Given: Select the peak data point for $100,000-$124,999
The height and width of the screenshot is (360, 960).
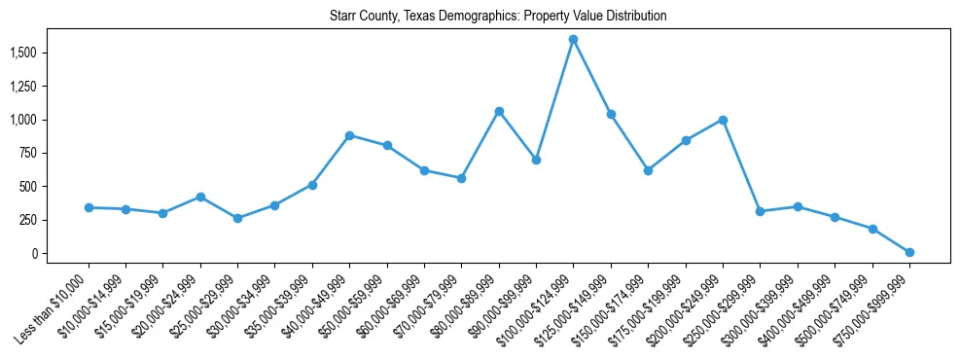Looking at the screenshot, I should click(x=573, y=39).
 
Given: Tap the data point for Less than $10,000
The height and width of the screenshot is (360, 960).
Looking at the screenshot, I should click(x=89, y=207).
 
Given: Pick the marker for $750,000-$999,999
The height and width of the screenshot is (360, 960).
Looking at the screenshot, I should click(x=909, y=252).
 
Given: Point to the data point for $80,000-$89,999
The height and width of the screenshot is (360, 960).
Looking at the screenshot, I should click(x=499, y=111).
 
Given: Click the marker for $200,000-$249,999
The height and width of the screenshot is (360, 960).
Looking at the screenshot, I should click(x=723, y=120).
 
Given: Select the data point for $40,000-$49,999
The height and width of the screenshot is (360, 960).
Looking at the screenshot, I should click(x=349, y=135).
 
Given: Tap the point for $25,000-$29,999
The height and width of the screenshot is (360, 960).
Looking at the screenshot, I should click(x=237, y=218).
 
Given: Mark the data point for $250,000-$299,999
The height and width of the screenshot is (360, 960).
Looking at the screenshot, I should click(x=760, y=211).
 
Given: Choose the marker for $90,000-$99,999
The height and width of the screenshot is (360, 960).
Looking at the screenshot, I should click(x=536, y=160).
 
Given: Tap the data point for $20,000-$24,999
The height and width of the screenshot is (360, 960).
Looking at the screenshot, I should click(x=200, y=197).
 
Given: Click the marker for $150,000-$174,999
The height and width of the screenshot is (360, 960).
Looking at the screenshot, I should click(x=648, y=170).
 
